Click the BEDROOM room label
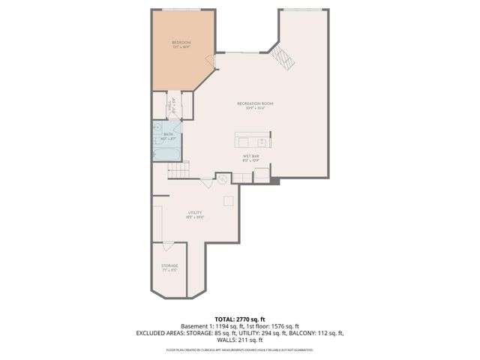[181, 43]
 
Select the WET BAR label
[251, 157]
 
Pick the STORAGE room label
[169, 266]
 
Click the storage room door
[169, 245]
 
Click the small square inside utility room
[228, 200]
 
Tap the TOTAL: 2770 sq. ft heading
[239, 319]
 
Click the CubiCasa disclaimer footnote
[239, 349]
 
